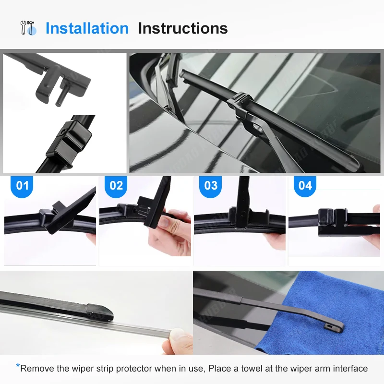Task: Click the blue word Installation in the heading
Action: coord(87,28)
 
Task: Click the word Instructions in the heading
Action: coord(183,28)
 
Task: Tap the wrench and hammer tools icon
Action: coord(28,28)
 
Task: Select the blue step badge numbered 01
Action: coord(22,186)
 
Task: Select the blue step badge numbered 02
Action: coord(116,186)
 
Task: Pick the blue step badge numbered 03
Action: coord(211,186)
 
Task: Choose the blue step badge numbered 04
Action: coord(305,186)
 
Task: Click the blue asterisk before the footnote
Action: coord(18,366)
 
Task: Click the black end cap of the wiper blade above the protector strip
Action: coord(100,312)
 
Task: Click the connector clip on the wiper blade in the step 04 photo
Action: coord(332,222)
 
